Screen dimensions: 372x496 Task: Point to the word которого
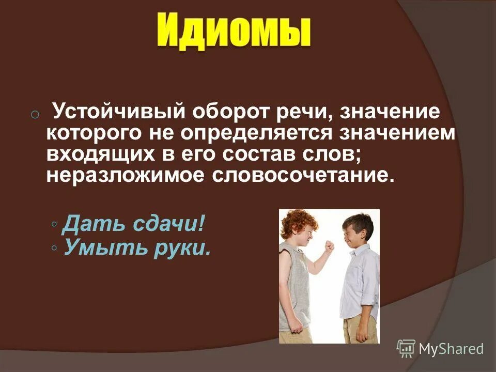tap(93, 133)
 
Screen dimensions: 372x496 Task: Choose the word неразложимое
tap(123, 175)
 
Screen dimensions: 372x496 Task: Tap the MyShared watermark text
tap(451, 349)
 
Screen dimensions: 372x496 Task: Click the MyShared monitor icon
tap(406, 349)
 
